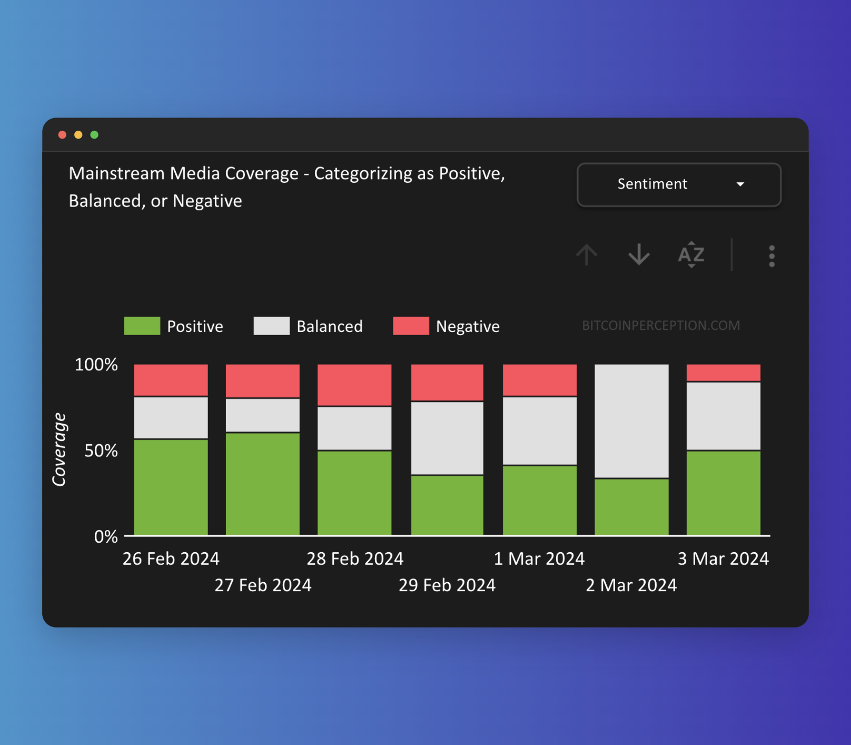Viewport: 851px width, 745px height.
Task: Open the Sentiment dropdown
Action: (x=679, y=184)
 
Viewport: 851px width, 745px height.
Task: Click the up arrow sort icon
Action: (x=586, y=255)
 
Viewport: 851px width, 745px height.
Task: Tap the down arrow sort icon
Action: (x=639, y=255)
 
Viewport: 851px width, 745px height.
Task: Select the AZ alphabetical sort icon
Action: (x=691, y=255)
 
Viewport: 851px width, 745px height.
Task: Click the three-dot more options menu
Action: (x=771, y=256)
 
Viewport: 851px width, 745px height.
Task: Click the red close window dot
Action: (x=62, y=135)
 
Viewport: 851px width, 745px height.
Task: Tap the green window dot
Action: (x=94, y=135)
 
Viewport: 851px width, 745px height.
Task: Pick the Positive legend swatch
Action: (x=142, y=326)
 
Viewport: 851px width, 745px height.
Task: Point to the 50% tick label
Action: (x=101, y=451)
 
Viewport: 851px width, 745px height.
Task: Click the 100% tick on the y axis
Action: (x=96, y=365)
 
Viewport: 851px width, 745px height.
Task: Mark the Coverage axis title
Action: (x=59, y=449)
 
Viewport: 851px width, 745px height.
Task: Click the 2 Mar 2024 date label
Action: (x=631, y=585)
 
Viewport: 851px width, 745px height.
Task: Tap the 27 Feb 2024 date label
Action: (x=263, y=585)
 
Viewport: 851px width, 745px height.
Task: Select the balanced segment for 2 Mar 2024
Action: (x=631, y=421)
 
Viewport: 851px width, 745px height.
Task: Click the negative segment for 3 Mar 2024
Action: (x=723, y=372)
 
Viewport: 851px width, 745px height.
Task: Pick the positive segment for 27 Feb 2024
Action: (x=263, y=484)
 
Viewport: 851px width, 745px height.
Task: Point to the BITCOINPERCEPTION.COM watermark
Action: (x=661, y=326)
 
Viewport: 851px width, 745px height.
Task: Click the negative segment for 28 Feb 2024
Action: (x=354, y=385)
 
